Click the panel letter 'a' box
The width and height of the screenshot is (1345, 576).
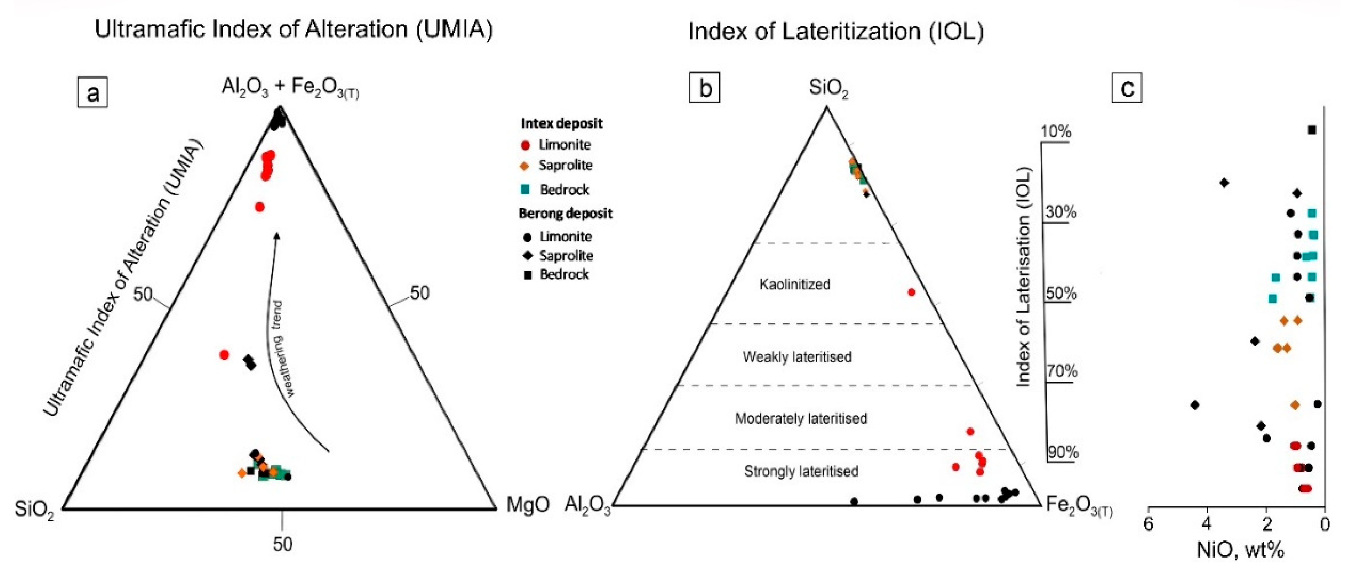[x=92, y=93]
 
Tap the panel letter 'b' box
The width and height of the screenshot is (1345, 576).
[x=704, y=88]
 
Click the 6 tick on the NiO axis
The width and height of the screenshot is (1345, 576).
[x=1148, y=524]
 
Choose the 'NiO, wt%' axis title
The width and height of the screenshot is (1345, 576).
[x=1240, y=550]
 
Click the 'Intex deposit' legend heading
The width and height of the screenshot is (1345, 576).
[x=561, y=124]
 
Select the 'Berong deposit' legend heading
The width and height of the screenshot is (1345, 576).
[x=565, y=214]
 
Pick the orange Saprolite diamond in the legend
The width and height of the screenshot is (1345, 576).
[x=525, y=166]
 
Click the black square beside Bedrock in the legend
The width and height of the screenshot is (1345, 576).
[x=527, y=275]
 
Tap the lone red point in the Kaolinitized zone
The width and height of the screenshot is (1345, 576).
[x=911, y=292]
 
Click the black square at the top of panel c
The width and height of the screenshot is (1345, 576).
[x=1312, y=130]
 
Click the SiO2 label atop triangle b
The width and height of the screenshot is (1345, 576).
[x=828, y=88]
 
